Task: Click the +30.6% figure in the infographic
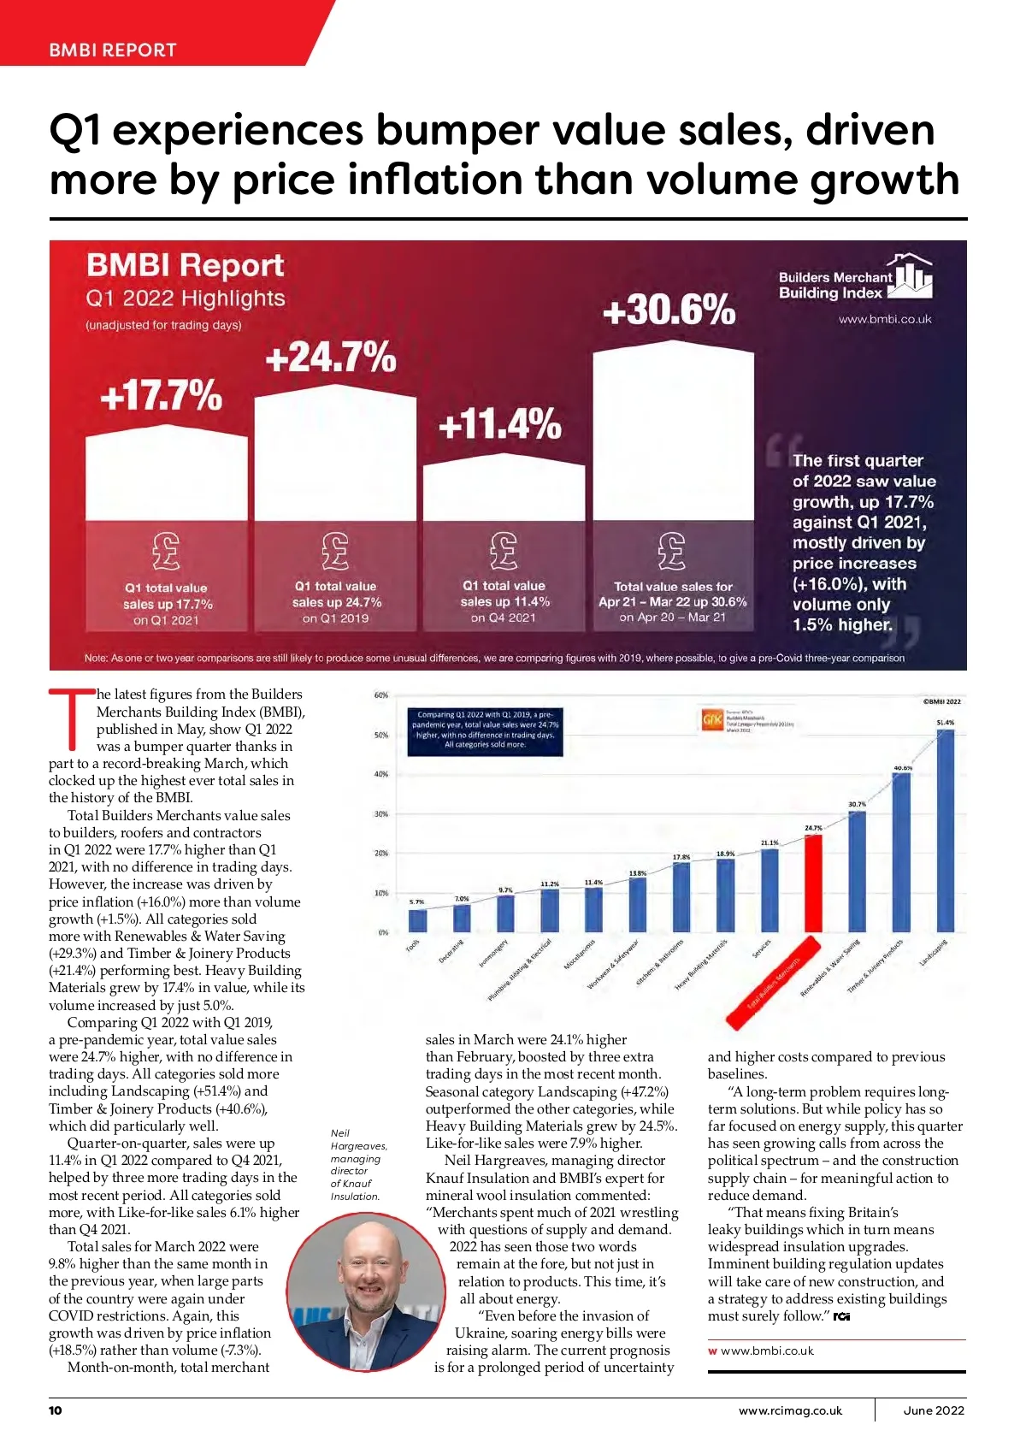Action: (669, 310)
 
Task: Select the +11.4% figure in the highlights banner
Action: (499, 423)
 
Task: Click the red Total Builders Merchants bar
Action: (813, 884)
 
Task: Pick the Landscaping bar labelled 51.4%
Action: (946, 830)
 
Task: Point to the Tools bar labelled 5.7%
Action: (417, 920)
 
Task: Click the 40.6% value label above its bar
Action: (903, 768)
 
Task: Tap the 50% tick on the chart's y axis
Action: (381, 735)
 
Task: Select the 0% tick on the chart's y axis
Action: (383, 932)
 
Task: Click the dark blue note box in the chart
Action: (485, 730)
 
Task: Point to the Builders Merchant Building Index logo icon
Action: (911, 275)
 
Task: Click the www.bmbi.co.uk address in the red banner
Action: (885, 319)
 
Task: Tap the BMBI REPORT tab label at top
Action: (112, 50)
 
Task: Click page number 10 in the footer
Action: (56, 1410)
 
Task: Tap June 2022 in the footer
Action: (934, 1410)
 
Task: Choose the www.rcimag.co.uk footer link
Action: (790, 1410)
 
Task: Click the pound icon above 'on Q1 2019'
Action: (335, 551)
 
